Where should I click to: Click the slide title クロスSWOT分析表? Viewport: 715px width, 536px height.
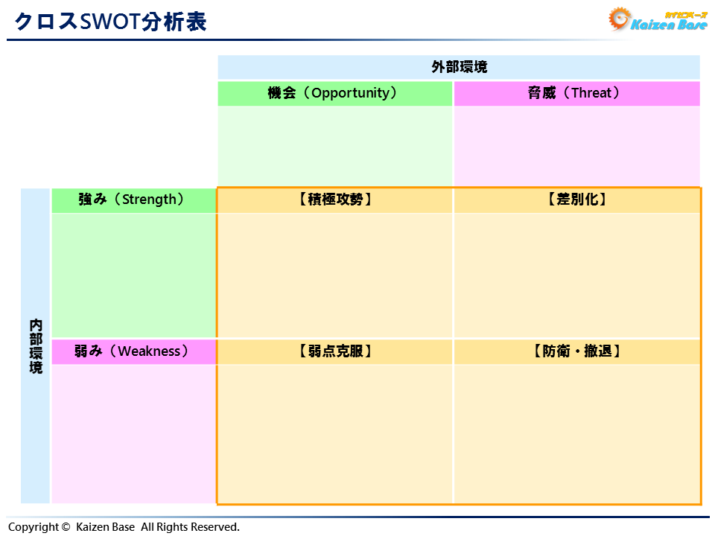[110, 22]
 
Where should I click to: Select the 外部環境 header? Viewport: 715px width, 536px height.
[459, 67]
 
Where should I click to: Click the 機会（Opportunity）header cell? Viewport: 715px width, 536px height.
[335, 94]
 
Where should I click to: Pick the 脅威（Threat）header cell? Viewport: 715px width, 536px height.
[576, 94]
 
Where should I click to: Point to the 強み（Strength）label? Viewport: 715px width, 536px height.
[133, 200]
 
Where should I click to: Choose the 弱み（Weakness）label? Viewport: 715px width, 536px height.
[133, 351]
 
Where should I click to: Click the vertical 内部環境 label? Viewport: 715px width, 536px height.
[36, 346]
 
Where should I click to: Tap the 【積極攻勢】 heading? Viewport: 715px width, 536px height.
[334, 200]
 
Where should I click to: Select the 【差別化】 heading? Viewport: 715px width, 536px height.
[576, 200]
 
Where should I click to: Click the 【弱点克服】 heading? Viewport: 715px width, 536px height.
[334, 351]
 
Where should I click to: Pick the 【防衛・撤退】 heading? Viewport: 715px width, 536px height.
[576, 351]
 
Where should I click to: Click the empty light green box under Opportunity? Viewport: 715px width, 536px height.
[335, 146]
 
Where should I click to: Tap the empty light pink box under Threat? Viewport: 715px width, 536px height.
[576, 146]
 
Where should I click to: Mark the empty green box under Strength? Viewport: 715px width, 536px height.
[133, 275]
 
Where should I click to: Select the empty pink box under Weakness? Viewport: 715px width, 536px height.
[133, 433]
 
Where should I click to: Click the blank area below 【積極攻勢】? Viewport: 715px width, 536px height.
[334, 275]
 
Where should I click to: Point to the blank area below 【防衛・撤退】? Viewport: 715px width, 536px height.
[576, 433]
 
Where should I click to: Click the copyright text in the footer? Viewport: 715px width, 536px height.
[124, 527]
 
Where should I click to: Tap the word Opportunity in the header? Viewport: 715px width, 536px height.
[350, 94]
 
